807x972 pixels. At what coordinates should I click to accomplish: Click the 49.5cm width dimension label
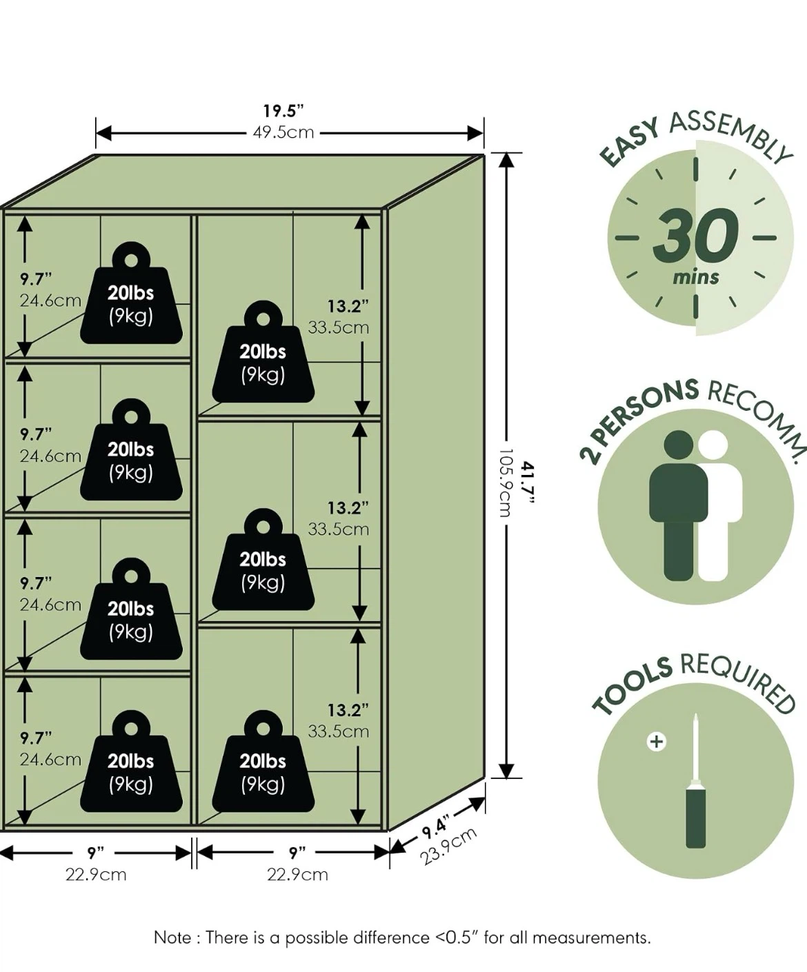pos(283,132)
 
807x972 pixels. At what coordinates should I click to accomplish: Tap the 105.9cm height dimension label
pos(505,483)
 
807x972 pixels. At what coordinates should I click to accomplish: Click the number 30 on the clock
pos(695,236)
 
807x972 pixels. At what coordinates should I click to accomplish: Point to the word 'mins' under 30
pos(696,278)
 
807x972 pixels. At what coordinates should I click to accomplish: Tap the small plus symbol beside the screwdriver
pos(657,741)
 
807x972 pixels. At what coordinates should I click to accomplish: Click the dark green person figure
pos(678,505)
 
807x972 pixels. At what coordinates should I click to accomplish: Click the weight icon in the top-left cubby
pos(131,293)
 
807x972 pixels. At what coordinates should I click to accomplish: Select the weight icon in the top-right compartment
pos(263,352)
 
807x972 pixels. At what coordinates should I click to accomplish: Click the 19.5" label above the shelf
pos(283,111)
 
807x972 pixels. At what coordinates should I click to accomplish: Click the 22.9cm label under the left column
pos(95,875)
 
